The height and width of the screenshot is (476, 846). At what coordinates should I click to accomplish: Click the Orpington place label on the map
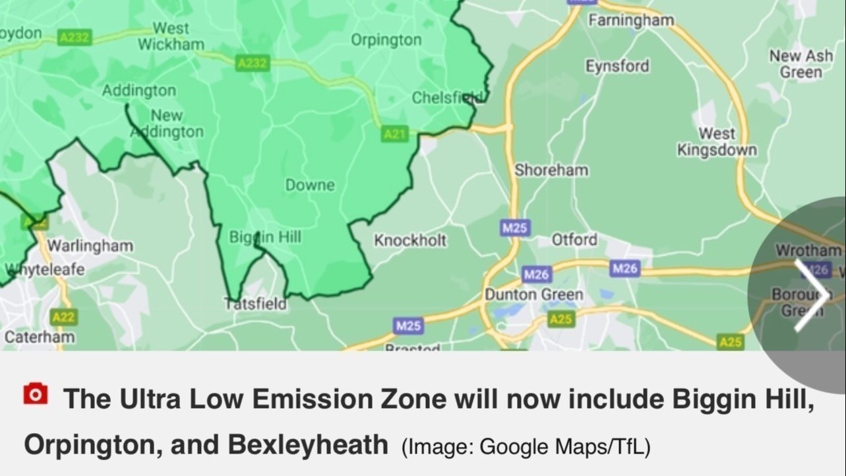pos(386,40)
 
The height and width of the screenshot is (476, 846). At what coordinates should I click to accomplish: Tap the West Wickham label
pos(171,36)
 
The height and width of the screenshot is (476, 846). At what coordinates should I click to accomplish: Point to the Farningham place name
pos(631,20)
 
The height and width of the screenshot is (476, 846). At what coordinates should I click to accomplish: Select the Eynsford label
pos(617,66)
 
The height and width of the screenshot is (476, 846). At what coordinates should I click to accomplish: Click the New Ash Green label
pos(801,63)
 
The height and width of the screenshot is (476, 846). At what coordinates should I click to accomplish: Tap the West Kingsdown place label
pos(717,142)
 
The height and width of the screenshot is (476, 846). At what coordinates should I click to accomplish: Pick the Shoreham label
pos(551,170)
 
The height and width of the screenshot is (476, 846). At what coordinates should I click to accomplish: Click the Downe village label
pos(310,186)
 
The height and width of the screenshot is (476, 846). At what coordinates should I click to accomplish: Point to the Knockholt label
pos(410,240)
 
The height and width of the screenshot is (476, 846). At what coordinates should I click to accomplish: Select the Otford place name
pos(574,240)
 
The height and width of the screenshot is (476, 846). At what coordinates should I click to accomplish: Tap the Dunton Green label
pos(534,294)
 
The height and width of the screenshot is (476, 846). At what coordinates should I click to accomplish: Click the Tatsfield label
pos(256,304)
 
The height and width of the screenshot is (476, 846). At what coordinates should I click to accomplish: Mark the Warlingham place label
pos(90,246)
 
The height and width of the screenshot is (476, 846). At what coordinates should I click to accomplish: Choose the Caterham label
pos(40,337)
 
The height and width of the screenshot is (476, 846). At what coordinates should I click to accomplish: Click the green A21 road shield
pos(395,134)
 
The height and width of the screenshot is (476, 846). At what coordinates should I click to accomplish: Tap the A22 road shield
pos(63,318)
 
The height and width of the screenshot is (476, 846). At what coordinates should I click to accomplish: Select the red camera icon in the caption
pos(35,394)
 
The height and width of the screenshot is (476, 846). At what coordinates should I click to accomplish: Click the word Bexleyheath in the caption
pos(307,445)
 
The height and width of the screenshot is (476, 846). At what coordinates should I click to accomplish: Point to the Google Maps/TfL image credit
pos(526,447)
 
